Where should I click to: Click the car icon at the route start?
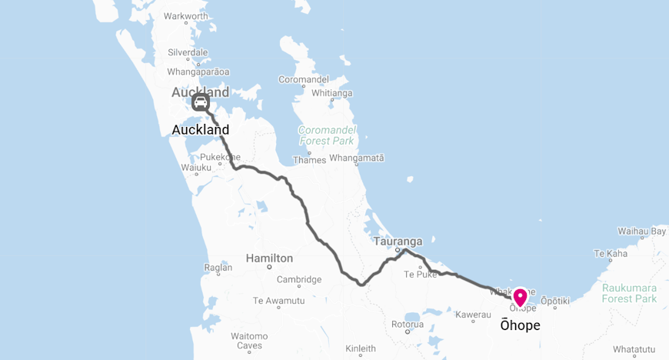tap(200, 102)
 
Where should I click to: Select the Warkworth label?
tap(186, 16)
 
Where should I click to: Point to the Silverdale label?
tap(188, 52)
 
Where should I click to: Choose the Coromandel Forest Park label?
tap(326, 135)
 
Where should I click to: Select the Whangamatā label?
tap(356, 158)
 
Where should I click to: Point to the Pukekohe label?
tap(220, 157)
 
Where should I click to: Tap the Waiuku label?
tap(195, 167)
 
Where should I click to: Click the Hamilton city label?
tap(269, 258)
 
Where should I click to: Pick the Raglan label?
tap(218, 267)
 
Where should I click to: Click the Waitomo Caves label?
tap(249, 341)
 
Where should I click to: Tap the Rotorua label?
tap(408, 324)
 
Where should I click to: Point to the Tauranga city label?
tap(398, 241)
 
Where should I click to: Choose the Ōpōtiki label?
tap(554, 300)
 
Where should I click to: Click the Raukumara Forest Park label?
tap(629, 292)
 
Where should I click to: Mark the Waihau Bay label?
tap(641, 231)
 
